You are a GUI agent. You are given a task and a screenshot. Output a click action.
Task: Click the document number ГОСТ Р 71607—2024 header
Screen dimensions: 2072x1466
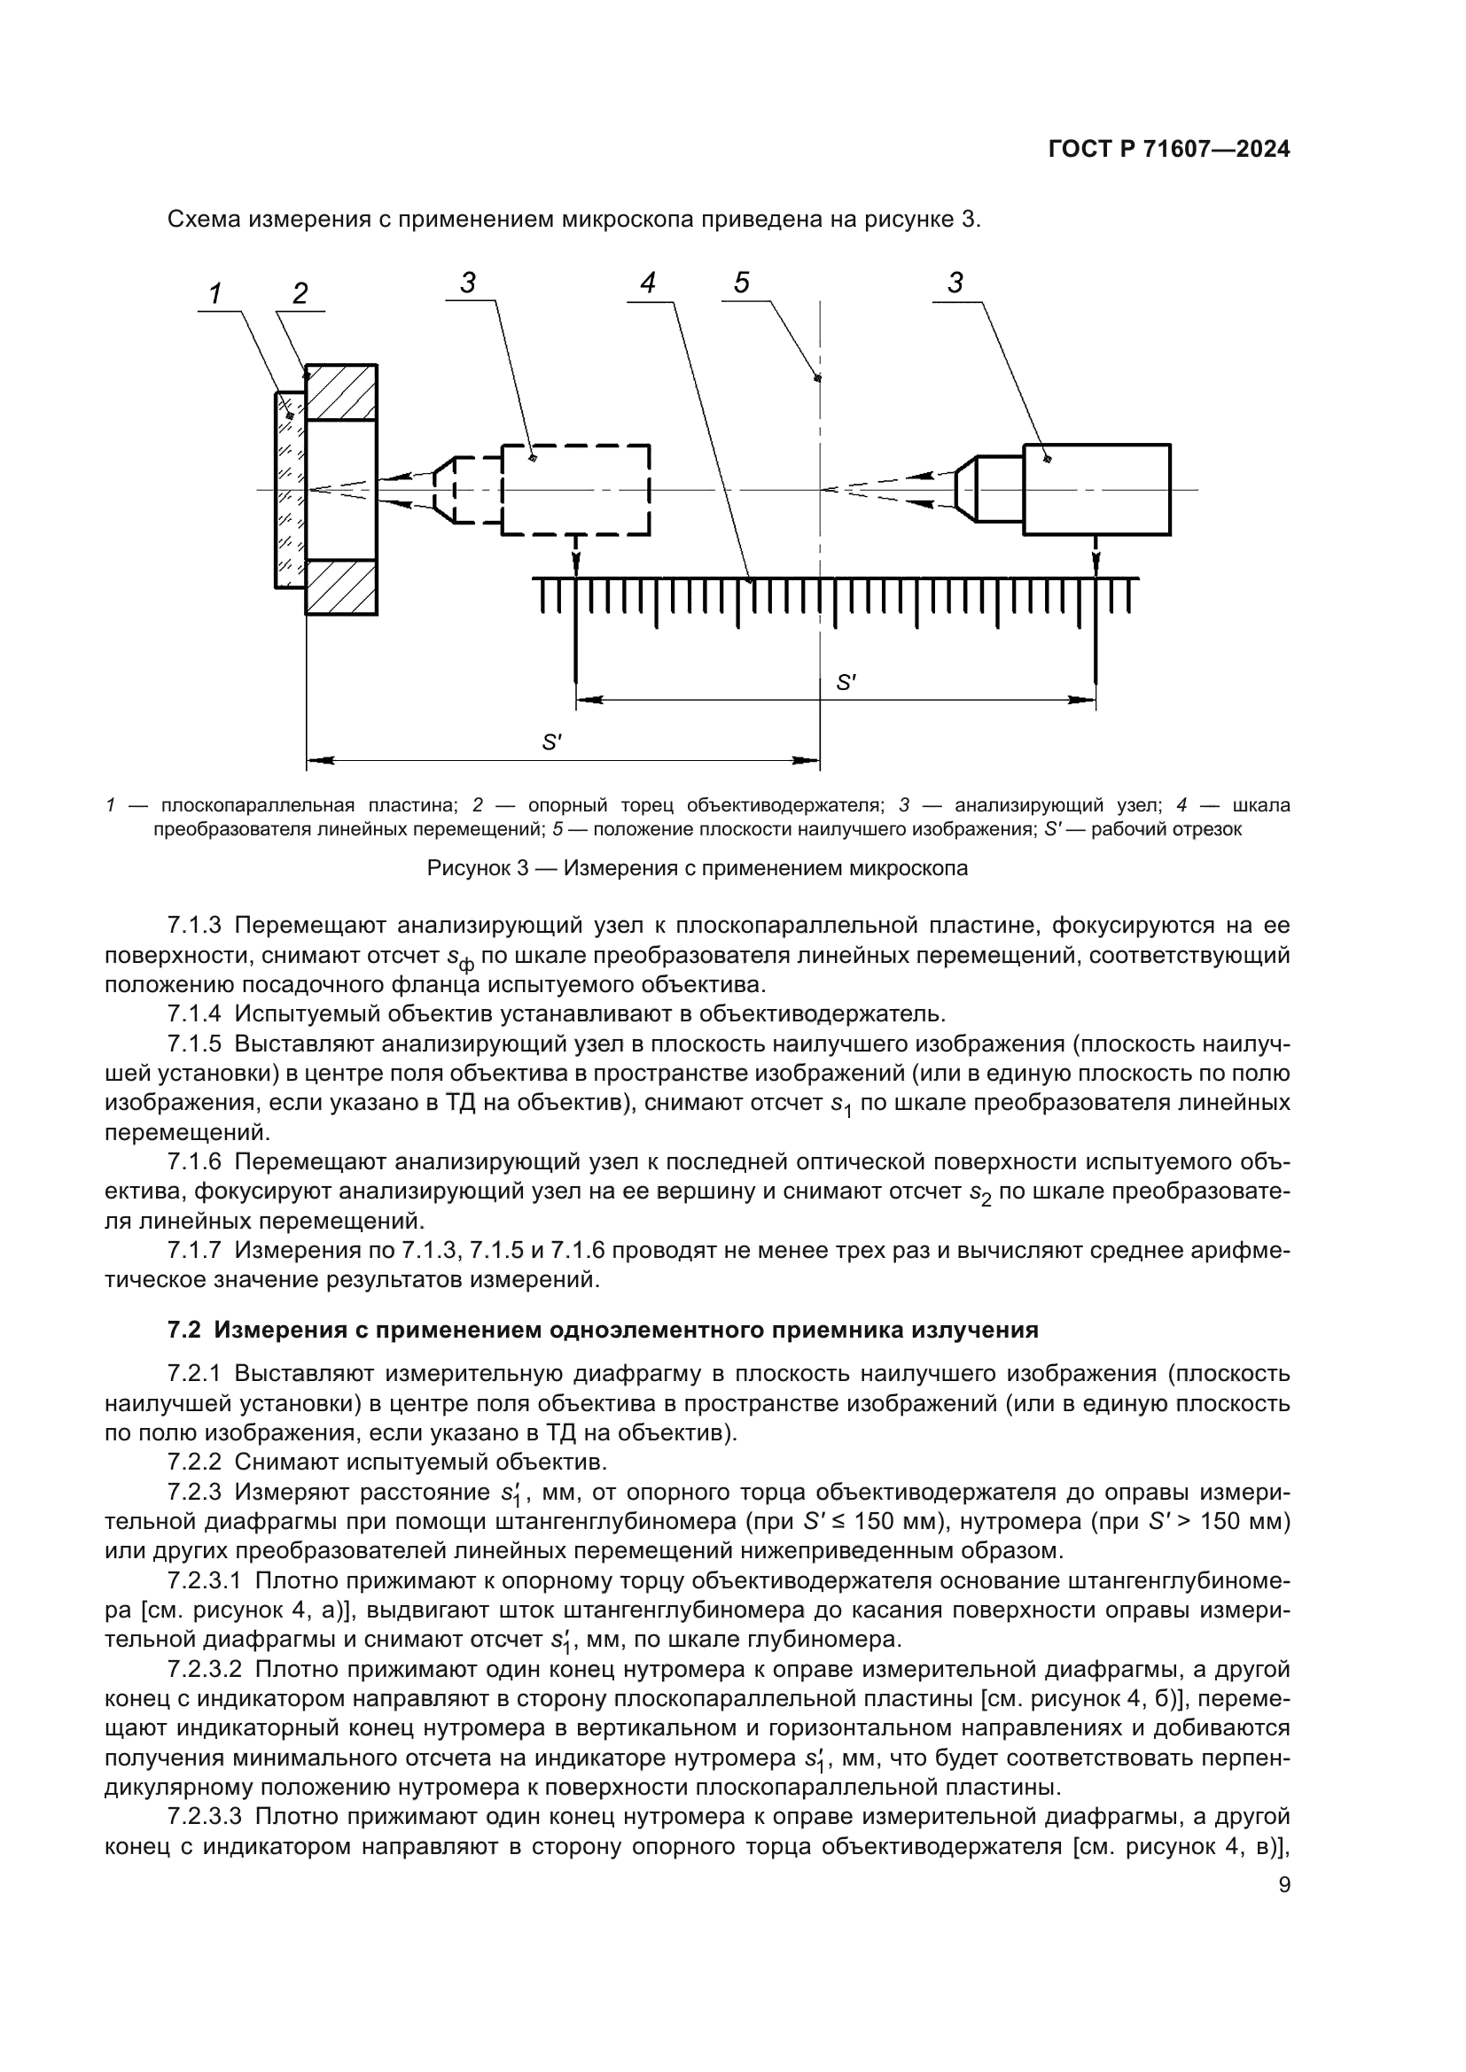pos(1169,150)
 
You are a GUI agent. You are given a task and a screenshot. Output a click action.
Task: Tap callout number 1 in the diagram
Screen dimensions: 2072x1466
pos(215,293)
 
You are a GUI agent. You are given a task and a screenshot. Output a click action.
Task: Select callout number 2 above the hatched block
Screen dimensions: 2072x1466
pos(300,293)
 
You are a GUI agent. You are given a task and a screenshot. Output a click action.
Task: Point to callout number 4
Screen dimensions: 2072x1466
pos(647,283)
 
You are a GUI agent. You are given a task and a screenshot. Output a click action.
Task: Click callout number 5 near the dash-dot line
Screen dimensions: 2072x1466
pos(741,283)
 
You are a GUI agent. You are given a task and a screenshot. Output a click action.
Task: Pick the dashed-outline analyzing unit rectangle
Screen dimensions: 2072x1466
pos(576,490)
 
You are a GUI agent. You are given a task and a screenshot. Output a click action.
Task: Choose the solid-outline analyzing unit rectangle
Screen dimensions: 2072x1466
pos(1096,490)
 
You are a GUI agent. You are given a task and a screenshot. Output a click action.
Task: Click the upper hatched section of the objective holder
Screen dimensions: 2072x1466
pos(341,392)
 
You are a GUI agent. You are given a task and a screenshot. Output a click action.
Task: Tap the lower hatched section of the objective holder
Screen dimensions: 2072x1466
pos(341,587)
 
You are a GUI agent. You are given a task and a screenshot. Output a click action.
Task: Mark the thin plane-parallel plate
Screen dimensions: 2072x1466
pos(290,490)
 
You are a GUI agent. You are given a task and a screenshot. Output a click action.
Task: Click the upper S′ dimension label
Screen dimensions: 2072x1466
pos(846,683)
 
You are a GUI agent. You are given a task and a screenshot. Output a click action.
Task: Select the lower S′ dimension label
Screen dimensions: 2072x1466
pos(551,742)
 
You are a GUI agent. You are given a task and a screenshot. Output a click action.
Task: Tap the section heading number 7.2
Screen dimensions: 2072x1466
pos(187,1331)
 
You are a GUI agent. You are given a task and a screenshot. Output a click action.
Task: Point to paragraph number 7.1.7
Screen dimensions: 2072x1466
pos(194,1251)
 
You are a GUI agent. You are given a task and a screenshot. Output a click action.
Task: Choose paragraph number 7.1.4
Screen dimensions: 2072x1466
pos(194,1013)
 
